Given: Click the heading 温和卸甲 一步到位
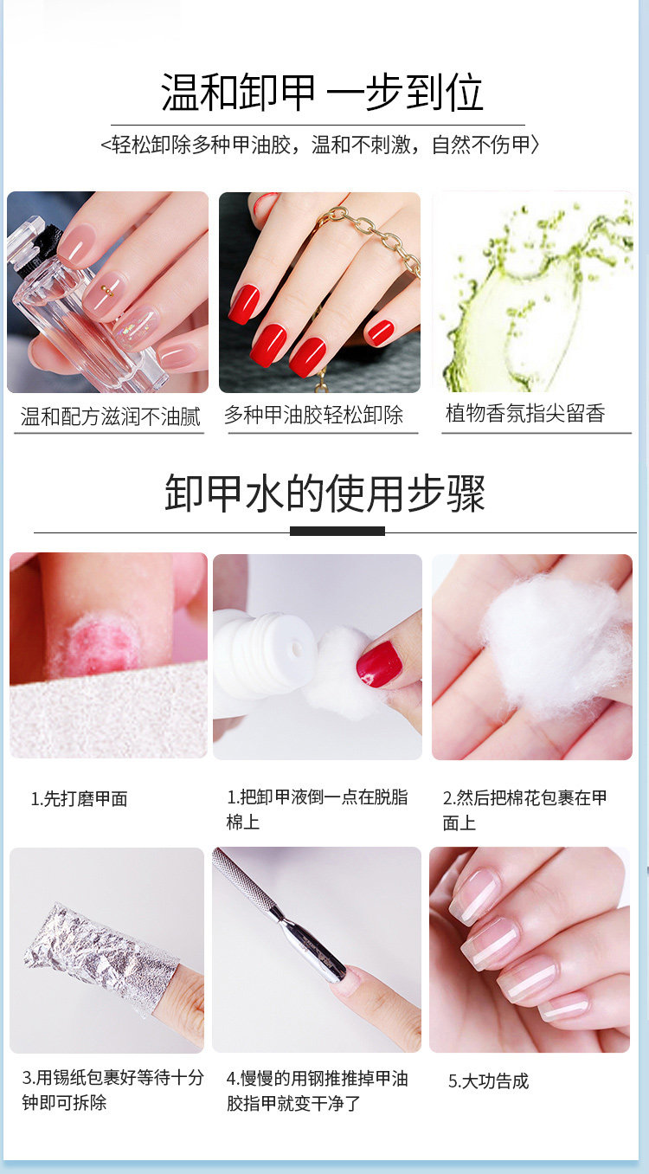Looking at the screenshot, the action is pos(322,93).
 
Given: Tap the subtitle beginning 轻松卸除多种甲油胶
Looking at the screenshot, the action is pos(319,145).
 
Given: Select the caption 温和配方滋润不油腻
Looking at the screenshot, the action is pos(111,416).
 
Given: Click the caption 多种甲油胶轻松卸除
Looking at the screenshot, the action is pos(314,415).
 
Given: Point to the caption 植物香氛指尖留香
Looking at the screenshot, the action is pos(525,413).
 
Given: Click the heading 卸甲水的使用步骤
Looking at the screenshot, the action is pos(324,493).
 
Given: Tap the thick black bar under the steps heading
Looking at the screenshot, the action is pos(337,531).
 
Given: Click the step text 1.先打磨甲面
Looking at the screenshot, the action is pos(79,799).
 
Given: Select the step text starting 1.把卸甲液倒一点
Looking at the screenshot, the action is pos(317,810).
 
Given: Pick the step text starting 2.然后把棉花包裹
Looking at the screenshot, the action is pos(524,810).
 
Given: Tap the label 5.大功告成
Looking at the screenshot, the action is pos(488,1080).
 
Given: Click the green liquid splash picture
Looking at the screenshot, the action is pos(532,292).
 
